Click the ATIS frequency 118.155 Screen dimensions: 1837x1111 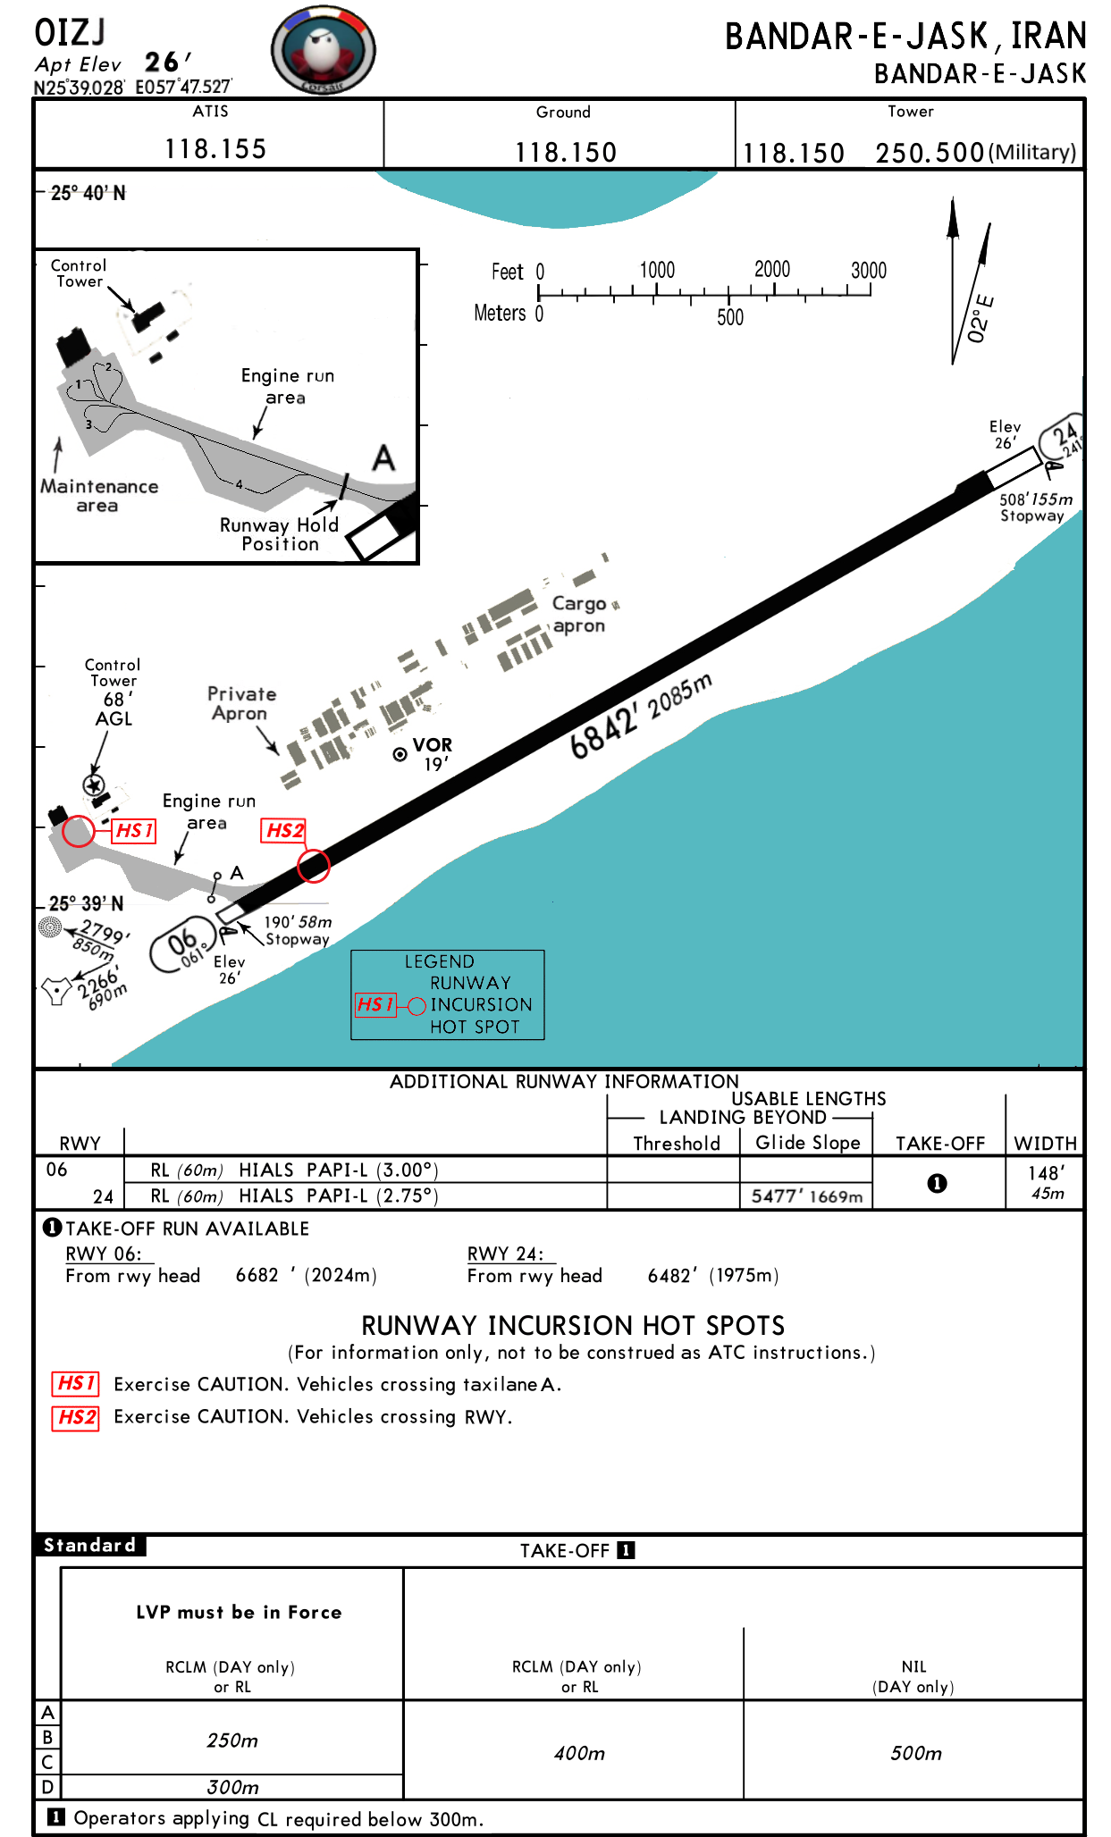point(215,149)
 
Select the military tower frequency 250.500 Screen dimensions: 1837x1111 point(930,153)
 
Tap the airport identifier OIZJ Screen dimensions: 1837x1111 point(70,33)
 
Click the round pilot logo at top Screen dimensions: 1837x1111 point(323,51)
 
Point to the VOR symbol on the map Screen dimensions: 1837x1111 point(400,754)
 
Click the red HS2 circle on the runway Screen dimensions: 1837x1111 point(314,865)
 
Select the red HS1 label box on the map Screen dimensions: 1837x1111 point(134,831)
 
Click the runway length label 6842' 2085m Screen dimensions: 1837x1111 point(641,715)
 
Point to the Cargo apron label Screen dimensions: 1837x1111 point(579,615)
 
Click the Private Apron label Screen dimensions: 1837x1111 point(241,703)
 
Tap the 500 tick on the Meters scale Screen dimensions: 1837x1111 point(729,317)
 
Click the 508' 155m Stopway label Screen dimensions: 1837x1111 point(1034,507)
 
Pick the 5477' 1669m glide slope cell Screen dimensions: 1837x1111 point(806,1196)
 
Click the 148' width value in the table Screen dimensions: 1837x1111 point(1046,1173)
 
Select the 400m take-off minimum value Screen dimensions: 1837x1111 point(579,1753)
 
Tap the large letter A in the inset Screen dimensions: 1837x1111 point(383,458)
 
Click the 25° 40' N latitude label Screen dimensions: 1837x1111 point(88,193)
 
